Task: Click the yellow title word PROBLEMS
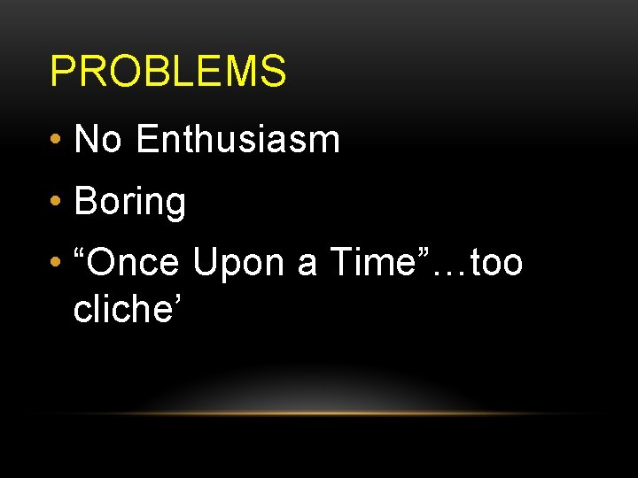[x=168, y=72]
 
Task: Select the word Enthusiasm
[x=238, y=139]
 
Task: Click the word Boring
[x=130, y=202]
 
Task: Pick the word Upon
[x=239, y=264]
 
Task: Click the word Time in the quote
[x=373, y=263]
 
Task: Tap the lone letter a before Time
[x=307, y=266]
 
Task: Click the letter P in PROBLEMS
[x=61, y=72]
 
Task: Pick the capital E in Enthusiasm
[x=148, y=139]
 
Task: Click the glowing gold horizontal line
[x=319, y=413]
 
